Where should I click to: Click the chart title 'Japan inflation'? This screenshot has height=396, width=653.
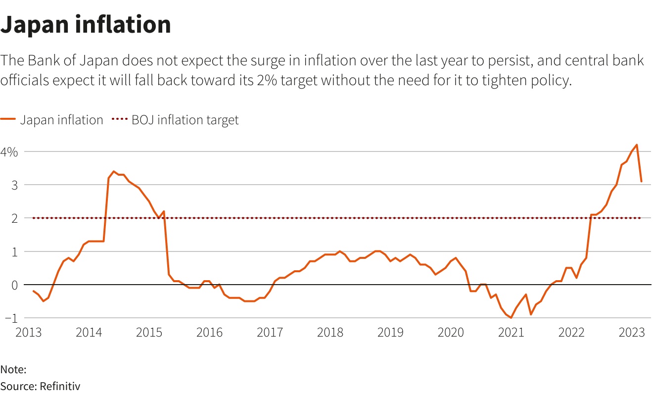pos(86,25)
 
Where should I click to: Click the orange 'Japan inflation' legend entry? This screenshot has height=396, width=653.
pos(52,120)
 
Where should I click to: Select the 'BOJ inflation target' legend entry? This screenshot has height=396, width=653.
pos(175,120)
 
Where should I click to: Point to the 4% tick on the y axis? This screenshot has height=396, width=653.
pos(9,152)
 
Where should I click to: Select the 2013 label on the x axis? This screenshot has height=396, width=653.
pos(28,332)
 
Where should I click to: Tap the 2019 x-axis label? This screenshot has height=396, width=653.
pos(390,332)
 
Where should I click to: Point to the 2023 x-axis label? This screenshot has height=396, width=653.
pos(631,332)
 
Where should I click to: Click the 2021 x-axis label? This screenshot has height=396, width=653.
pos(511,332)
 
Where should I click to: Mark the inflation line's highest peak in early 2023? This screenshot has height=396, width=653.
pos(636,145)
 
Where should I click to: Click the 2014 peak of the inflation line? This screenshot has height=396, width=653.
pos(114,171)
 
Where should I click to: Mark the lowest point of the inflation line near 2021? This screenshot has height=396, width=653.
pos(511,318)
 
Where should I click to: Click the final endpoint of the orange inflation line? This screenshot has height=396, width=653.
pos(641,181)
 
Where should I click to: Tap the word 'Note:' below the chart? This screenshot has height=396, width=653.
pos(13,369)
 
